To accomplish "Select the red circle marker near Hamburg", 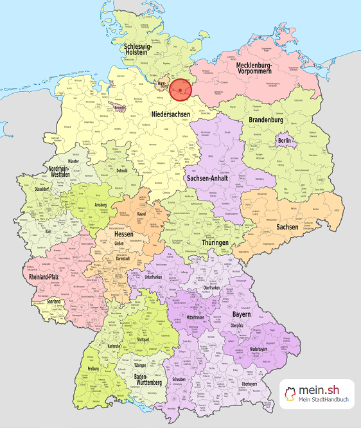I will pos(180,90).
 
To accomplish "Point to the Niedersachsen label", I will pos(170,114).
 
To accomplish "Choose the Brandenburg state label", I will pos(265,120).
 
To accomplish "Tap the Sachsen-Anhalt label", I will pos(208,178).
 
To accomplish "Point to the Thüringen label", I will pos(214,242).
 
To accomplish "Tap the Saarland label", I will pos(53,301).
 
